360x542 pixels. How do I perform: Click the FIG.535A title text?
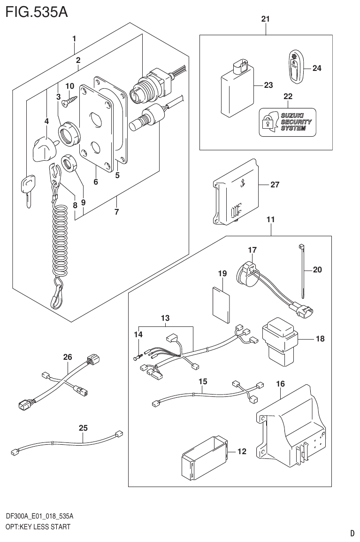[x=37, y=11]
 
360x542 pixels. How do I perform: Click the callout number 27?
[x=275, y=185]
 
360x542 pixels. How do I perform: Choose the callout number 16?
[x=280, y=384]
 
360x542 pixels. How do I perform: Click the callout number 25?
[x=83, y=427]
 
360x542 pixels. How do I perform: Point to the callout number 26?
[x=68, y=357]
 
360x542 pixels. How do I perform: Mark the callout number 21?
[x=265, y=19]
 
